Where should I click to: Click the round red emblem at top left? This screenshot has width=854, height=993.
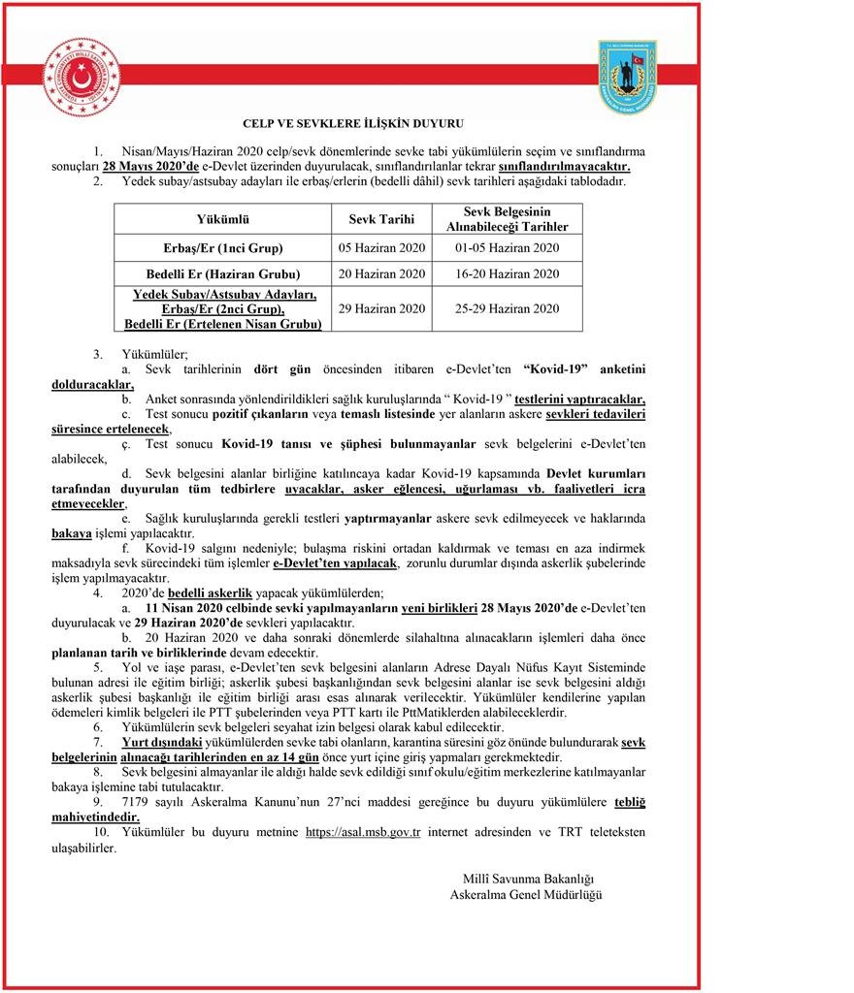click(81, 76)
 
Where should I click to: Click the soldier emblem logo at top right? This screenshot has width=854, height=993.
click(627, 78)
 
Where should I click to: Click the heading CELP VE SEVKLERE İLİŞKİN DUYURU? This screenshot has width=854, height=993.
click(352, 123)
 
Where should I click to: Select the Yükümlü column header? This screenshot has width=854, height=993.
click(223, 219)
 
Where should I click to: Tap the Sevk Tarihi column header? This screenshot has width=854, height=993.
click(381, 219)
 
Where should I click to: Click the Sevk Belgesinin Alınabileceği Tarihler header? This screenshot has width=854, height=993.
click(508, 219)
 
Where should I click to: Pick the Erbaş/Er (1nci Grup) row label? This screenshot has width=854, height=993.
click(223, 247)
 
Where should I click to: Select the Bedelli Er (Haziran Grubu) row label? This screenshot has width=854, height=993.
click(223, 273)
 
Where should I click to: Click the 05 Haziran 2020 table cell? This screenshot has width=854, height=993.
click(381, 247)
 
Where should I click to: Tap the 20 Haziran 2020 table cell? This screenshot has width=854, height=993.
click(381, 273)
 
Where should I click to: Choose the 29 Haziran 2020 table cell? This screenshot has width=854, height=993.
click(381, 308)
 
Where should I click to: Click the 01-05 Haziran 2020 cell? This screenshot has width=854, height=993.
click(508, 247)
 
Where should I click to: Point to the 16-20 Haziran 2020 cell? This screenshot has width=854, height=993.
click(508, 273)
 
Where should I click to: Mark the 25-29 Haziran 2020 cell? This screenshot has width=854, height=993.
click(508, 308)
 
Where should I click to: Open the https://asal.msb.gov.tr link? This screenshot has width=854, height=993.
click(363, 832)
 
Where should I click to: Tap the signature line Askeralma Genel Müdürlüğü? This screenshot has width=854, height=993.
click(526, 894)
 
